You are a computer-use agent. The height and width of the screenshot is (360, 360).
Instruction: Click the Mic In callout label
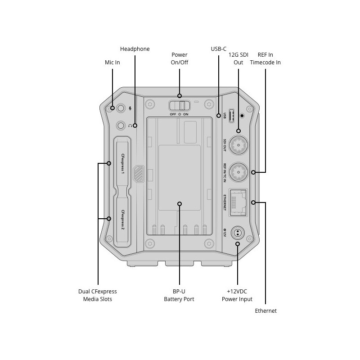112,63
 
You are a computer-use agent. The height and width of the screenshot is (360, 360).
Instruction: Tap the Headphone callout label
135,49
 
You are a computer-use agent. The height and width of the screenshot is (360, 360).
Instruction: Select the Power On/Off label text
179,58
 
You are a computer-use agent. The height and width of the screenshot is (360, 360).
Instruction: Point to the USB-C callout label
219,49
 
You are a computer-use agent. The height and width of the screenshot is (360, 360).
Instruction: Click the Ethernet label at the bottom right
266,311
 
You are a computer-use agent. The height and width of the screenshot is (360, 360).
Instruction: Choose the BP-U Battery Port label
179,295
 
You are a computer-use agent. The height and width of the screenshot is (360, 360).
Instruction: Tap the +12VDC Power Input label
237,295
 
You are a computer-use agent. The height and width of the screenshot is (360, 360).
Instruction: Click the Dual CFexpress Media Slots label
98,295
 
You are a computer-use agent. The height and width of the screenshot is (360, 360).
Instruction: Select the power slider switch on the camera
180,106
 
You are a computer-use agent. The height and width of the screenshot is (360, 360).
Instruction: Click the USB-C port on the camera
231,116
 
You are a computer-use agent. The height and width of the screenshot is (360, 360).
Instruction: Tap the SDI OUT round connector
238,145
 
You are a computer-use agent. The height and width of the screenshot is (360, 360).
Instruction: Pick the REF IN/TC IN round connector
238,172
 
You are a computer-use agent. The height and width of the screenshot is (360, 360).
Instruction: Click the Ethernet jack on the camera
238,202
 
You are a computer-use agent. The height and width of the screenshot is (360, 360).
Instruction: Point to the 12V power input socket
238,233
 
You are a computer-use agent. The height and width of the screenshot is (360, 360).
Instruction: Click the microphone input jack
121,108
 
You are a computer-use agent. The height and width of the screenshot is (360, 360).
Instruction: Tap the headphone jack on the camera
121,126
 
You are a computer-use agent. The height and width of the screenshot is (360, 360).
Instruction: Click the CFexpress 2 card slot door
122,219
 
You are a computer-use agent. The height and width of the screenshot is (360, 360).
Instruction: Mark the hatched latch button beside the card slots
139,174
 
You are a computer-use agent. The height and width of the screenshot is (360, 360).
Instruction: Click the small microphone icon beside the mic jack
130,108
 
